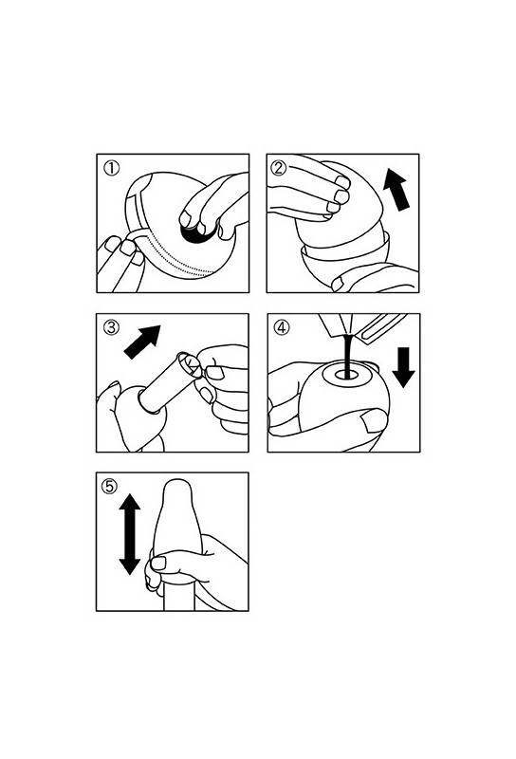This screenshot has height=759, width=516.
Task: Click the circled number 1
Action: pyautogui.click(x=112, y=169)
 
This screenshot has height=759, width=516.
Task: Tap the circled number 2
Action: pyautogui.click(x=280, y=169)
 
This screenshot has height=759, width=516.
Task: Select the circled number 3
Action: pyautogui.click(x=111, y=327)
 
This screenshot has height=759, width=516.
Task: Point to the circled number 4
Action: pyautogui.click(x=281, y=327)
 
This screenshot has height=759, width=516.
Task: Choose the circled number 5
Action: pyautogui.click(x=110, y=486)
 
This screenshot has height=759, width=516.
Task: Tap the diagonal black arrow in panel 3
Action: pyautogui.click(x=141, y=342)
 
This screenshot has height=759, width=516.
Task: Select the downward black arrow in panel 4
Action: pyautogui.click(x=403, y=367)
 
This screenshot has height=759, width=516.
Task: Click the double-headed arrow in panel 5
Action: pyautogui.click(x=130, y=534)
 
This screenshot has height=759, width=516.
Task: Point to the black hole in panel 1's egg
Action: pyautogui.click(x=197, y=232)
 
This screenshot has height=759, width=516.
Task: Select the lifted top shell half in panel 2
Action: pyautogui.click(x=339, y=203)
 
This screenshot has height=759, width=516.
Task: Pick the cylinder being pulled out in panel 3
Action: pyautogui.click(x=167, y=382)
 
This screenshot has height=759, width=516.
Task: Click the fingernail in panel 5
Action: pyautogui.click(x=158, y=563)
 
